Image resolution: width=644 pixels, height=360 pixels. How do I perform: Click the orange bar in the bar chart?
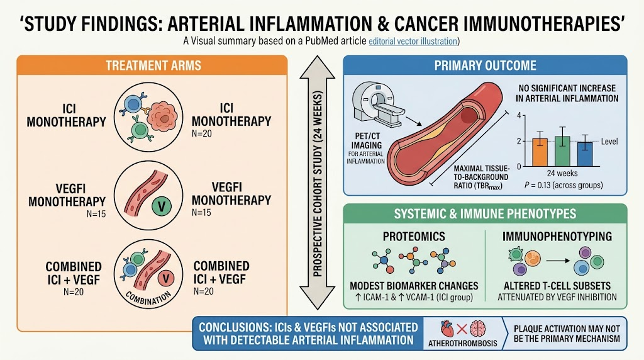point(540,152)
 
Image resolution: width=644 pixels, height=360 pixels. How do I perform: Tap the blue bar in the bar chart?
point(584,155)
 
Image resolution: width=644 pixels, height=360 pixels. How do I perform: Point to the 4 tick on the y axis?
point(519,115)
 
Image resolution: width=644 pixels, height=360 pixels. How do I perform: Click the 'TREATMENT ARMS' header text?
point(153,65)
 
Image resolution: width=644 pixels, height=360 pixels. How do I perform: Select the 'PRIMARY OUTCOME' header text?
point(485,65)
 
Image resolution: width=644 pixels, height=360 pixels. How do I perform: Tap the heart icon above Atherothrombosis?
point(447,329)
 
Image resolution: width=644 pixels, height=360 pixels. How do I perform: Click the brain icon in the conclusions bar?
point(478,329)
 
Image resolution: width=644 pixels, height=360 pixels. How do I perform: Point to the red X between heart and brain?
point(462,329)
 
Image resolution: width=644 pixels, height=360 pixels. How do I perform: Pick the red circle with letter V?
point(166,279)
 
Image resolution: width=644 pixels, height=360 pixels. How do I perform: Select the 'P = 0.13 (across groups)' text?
point(563,185)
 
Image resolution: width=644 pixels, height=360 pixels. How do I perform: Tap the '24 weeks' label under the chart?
point(562,174)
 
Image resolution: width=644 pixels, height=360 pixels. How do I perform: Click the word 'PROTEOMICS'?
point(414,236)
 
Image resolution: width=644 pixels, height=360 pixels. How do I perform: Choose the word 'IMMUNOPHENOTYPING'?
point(557,236)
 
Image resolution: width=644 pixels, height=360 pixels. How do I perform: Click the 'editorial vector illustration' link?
point(413,42)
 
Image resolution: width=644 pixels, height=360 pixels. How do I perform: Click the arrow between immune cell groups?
point(557,261)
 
